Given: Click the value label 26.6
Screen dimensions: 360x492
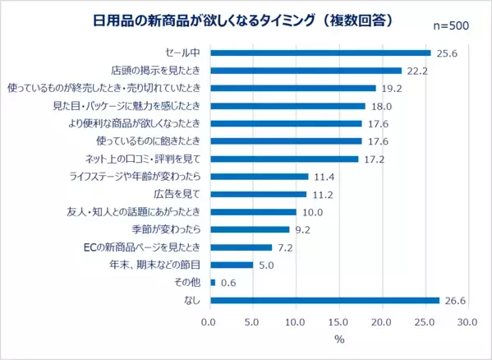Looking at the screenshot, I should coord(456,300).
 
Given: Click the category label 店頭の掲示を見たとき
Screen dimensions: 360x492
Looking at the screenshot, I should coord(157,71).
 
